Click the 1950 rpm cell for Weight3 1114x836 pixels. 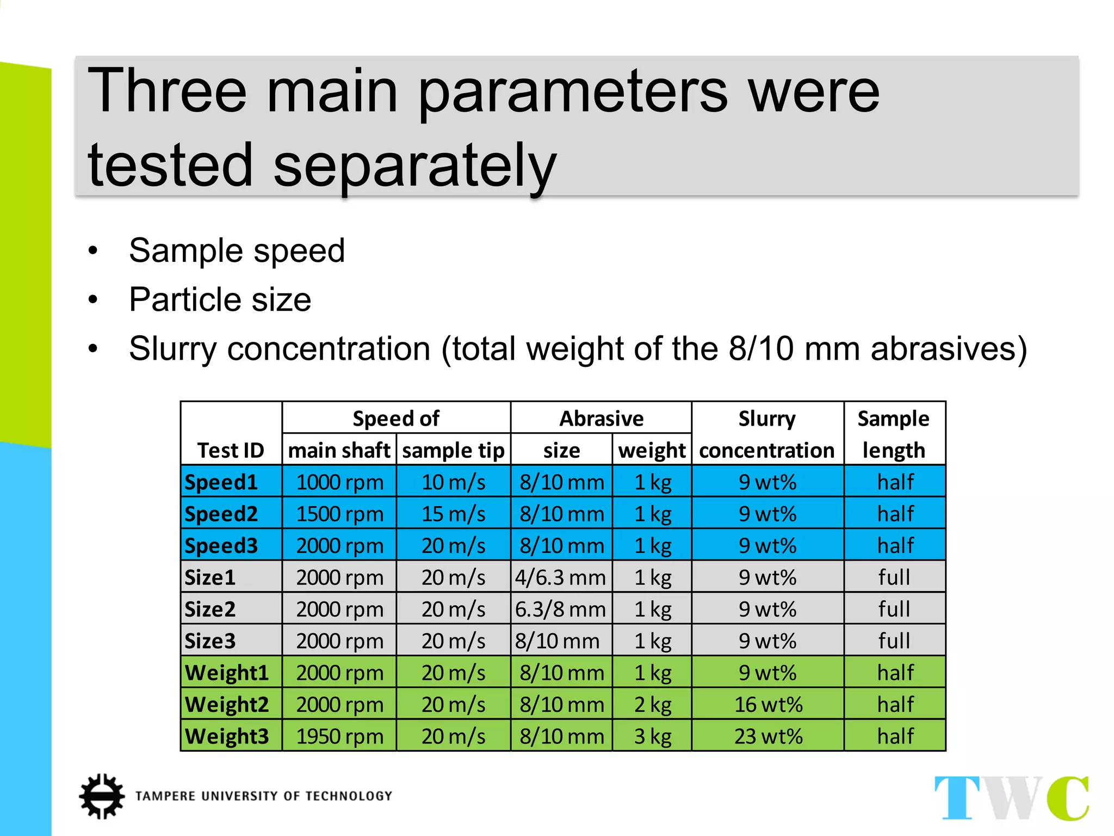pyautogui.click(x=339, y=736)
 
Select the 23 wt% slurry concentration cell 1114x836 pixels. pyautogui.click(x=768, y=736)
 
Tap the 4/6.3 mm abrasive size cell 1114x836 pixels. pyautogui.click(x=561, y=577)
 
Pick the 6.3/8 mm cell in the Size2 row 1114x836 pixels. pyautogui.click(x=561, y=609)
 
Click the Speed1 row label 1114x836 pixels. pyautogui.click(x=221, y=482)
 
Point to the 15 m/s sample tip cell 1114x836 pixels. pyautogui.click(x=453, y=514)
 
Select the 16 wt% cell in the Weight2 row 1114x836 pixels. pyautogui.click(x=768, y=704)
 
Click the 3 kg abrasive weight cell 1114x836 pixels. pyautogui.click(x=652, y=736)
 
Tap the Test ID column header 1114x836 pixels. pyautogui.click(x=231, y=450)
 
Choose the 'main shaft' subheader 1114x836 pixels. pyautogui.click(x=339, y=450)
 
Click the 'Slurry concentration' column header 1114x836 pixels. pyautogui.click(x=767, y=434)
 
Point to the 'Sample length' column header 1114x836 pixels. pyautogui.click(x=894, y=434)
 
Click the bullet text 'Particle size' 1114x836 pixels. pyautogui.click(x=220, y=299)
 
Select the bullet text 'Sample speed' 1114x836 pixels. pyautogui.click(x=237, y=250)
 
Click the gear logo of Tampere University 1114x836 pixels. pyautogui.click(x=102, y=796)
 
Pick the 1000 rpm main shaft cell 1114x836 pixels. pyautogui.click(x=339, y=482)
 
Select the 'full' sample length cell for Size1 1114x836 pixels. pyautogui.click(x=894, y=577)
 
